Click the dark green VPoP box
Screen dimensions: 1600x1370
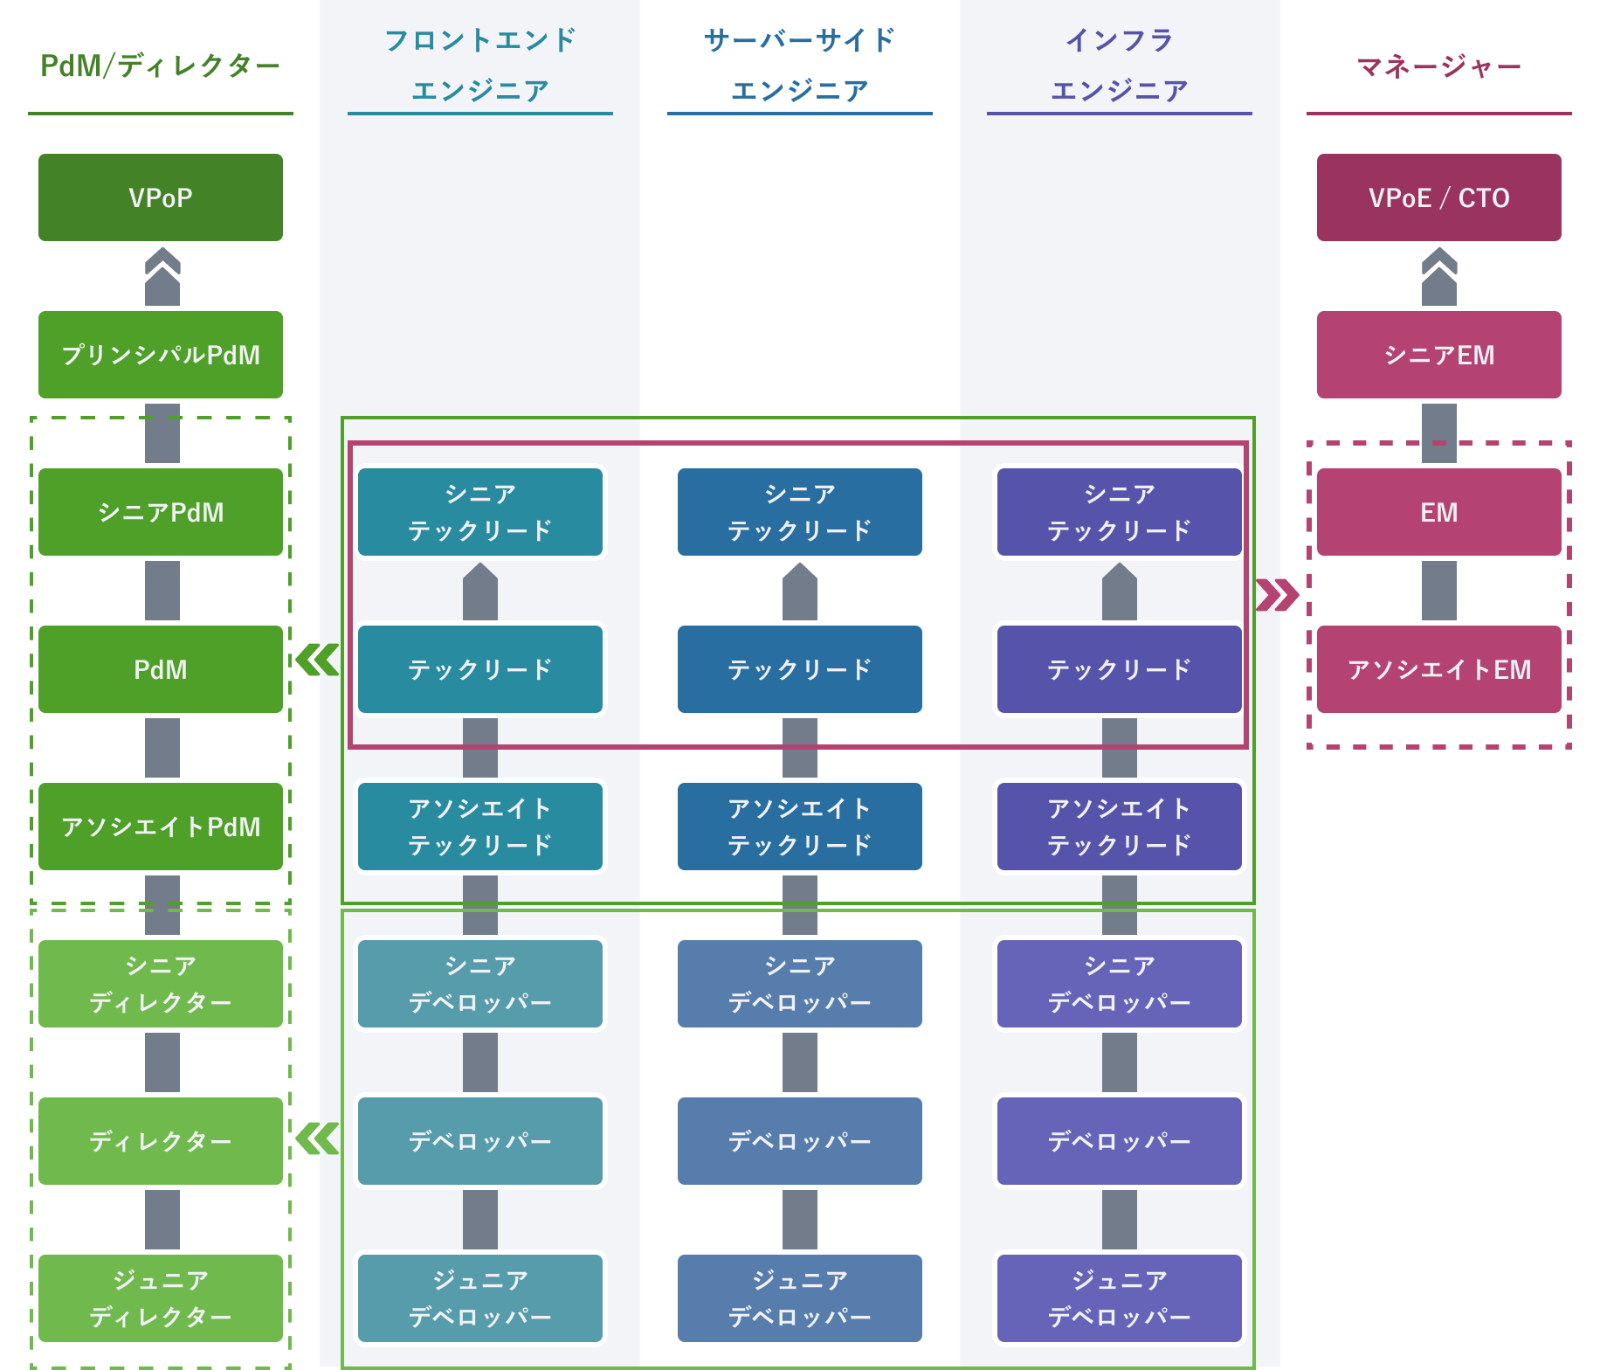point(161,197)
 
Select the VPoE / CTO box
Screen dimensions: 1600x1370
point(1439,197)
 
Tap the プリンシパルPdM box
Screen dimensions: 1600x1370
point(161,355)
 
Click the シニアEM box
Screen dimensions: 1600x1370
point(1439,355)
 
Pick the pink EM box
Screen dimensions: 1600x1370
point(1439,512)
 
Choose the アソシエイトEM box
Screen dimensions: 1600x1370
point(1439,669)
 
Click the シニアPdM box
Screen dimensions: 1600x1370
point(161,512)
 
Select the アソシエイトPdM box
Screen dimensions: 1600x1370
point(161,827)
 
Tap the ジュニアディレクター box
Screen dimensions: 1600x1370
point(161,1298)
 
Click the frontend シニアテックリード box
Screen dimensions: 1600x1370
point(480,512)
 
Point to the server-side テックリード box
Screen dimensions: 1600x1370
point(800,669)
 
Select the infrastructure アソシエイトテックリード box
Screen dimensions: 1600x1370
point(1120,827)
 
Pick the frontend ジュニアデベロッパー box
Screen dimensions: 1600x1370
point(480,1298)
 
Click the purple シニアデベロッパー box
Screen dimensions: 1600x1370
point(1120,984)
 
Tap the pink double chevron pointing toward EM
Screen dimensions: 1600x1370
point(1277,595)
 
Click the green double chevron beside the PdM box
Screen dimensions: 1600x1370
point(317,660)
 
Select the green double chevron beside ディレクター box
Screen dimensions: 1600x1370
point(317,1138)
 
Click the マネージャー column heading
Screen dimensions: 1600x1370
point(1439,66)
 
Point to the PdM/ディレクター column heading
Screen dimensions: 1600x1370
point(161,66)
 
